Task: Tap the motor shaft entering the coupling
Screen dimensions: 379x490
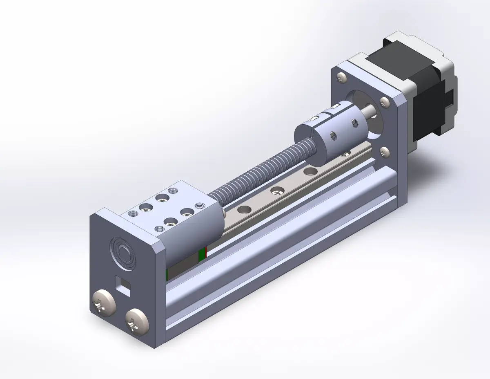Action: (x=370, y=111)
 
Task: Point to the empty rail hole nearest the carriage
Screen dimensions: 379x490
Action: (x=245, y=210)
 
